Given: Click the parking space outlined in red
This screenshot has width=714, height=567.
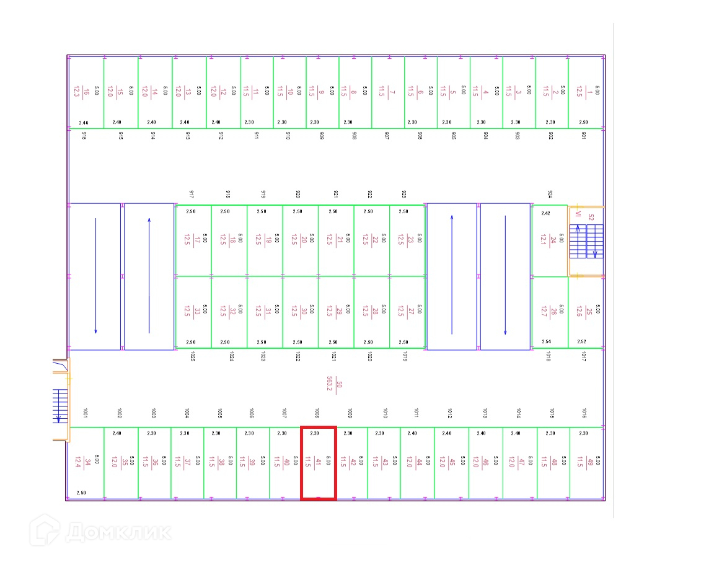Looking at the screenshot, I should pyautogui.click(x=319, y=462).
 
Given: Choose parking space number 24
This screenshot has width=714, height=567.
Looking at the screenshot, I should pyautogui.click(x=549, y=240).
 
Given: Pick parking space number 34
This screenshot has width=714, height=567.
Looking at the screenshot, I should pyautogui.click(x=85, y=462).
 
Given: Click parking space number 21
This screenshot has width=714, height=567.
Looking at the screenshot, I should pyautogui.click(x=336, y=240).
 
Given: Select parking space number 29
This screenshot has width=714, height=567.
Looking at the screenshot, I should pyautogui.click(x=336, y=312).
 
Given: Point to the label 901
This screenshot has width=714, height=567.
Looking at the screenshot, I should pyautogui.click(x=584, y=135).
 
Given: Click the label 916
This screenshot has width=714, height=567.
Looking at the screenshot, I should pyautogui.click(x=84, y=135).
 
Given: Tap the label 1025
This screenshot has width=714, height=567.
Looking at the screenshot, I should pyautogui.click(x=193, y=356).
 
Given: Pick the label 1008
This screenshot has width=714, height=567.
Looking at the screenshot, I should pyautogui.click(x=317, y=413).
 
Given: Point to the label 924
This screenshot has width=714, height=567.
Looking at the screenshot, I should pyautogui.click(x=549, y=195).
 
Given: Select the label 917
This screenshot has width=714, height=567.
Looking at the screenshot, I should pyautogui.click(x=192, y=195).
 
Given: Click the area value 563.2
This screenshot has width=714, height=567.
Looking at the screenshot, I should pyautogui.click(x=330, y=384).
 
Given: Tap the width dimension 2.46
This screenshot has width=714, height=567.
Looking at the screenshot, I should pyautogui.click(x=84, y=123).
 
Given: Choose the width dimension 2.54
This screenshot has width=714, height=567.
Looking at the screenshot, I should pyautogui.click(x=546, y=341).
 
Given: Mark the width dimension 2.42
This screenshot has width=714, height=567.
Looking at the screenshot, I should pyautogui.click(x=545, y=213).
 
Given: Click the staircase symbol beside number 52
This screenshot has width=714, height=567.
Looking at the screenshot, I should pyautogui.click(x=586, y=242).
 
